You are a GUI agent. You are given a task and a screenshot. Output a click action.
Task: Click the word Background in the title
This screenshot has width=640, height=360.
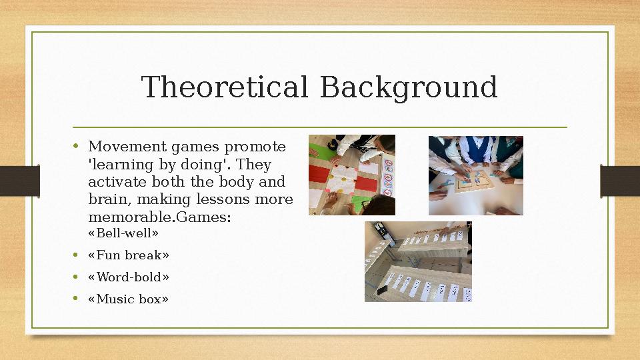coord(408,87)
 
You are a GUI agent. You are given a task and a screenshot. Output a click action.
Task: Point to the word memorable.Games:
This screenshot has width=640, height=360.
coord(159,217)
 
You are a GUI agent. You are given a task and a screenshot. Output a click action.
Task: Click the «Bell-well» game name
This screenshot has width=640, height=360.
coord(123,233)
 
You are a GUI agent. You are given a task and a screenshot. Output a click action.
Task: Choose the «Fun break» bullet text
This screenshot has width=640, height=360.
coord(129,255)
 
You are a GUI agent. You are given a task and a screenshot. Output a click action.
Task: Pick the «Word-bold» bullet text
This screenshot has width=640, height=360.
coord(129,277)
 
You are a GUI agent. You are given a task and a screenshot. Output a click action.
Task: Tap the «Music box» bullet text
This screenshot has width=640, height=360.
coord(129,299)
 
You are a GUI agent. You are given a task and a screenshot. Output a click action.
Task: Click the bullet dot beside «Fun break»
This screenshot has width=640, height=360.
coord(77,255)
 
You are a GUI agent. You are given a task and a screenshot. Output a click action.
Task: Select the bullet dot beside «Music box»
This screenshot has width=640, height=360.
coord(77,299)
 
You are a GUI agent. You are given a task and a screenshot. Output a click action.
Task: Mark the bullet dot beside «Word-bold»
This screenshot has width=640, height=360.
coord(77,277)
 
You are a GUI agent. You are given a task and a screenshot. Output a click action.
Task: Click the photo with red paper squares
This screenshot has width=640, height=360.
coord(352,175)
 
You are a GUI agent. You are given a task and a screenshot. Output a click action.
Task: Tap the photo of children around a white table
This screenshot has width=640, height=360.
coord(475,175)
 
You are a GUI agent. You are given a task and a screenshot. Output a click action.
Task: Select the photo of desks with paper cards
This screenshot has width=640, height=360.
coord(418,261)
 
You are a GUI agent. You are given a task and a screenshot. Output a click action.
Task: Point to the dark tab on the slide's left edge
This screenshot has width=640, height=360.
coord(19,181)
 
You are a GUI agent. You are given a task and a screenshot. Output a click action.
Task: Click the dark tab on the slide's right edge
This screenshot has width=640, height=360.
coord(620,181)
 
